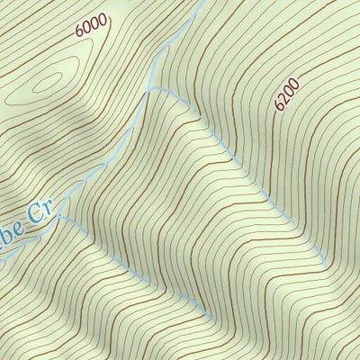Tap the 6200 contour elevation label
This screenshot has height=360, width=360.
click(x=286, y=94)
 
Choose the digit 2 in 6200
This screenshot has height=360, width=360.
click(x=282, y=99)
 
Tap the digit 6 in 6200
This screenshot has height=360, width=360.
click(x=278, y=106)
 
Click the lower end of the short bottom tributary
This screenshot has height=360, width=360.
click(x=211, y=315)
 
